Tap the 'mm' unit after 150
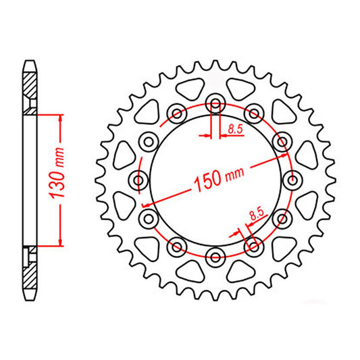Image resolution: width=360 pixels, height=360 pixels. click(234, 172)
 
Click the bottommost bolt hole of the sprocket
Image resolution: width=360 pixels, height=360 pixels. click(216, 255)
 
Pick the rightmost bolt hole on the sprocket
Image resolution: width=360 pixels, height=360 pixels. click(292, 180)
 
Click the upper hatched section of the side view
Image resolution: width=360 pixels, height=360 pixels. click(30, 86)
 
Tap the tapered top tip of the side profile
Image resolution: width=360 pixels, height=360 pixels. click(30, 63)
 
